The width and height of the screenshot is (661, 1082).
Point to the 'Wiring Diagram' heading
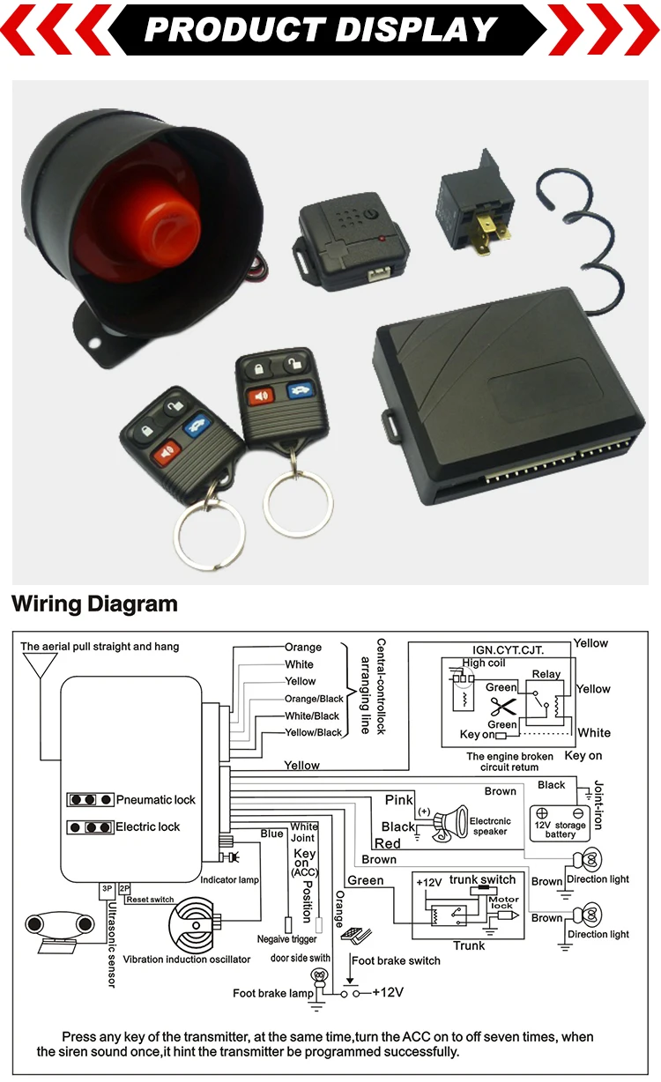pos(94,604)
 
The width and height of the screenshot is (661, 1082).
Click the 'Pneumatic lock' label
pos(156,800)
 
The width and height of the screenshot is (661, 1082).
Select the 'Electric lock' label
pos(148,826)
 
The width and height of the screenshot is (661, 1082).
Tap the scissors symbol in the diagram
pos(503,705)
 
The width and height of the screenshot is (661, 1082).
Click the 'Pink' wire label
pos(399,800)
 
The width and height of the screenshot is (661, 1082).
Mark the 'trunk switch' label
pos(482,879)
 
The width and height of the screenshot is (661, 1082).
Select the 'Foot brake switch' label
pos(396,960)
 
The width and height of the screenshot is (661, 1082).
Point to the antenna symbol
pos(39,665)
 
